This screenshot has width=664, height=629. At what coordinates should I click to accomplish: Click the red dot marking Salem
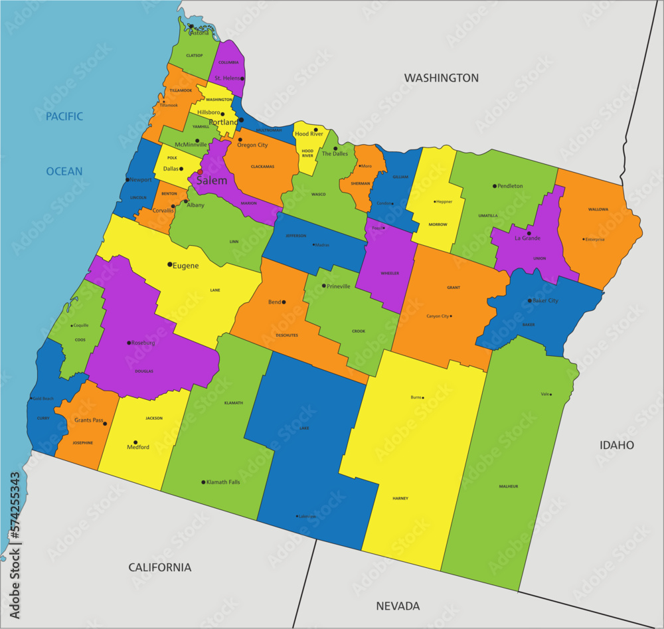click(x=200, y=172)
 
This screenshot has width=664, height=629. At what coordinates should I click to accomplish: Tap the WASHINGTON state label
click(x=442, y=78)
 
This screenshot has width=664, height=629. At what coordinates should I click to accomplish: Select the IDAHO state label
click(x=617, y=445)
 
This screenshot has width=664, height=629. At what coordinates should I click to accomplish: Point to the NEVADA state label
click(x=398, y=606)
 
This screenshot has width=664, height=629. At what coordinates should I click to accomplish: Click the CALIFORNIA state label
click(x=159, y=567)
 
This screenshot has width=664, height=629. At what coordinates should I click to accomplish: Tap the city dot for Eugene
click(x=170, y=264)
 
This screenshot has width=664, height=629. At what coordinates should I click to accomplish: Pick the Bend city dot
click(x=284, y=302)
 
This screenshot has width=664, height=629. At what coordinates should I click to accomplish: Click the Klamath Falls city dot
click(x=203, y=482)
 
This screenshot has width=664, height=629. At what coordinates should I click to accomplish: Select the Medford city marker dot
click(x=135, y=442)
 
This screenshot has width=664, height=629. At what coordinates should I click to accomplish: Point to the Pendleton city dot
click(x=495, y=186)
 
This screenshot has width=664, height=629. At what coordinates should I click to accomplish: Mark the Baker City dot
click(x=529, y=301)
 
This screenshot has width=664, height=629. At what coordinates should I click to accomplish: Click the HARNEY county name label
click(x=400, y=498)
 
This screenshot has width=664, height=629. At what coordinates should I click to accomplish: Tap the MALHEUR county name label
click(x=509, y=486)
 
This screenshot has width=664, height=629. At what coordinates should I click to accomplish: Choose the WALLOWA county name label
click(x=598, y=209)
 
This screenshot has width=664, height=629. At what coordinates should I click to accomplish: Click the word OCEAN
click(x=64, y=171)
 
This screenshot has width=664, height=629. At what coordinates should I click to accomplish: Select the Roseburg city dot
click(x=129, y=343)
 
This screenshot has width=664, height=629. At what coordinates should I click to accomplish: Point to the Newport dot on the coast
click(x=127, y=180)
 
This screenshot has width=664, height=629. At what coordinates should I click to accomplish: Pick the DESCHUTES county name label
click(x=287, y=335)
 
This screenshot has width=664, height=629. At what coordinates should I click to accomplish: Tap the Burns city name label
click(x=416, y=397)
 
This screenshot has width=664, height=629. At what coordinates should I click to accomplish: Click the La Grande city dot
click(x=529, y=233)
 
